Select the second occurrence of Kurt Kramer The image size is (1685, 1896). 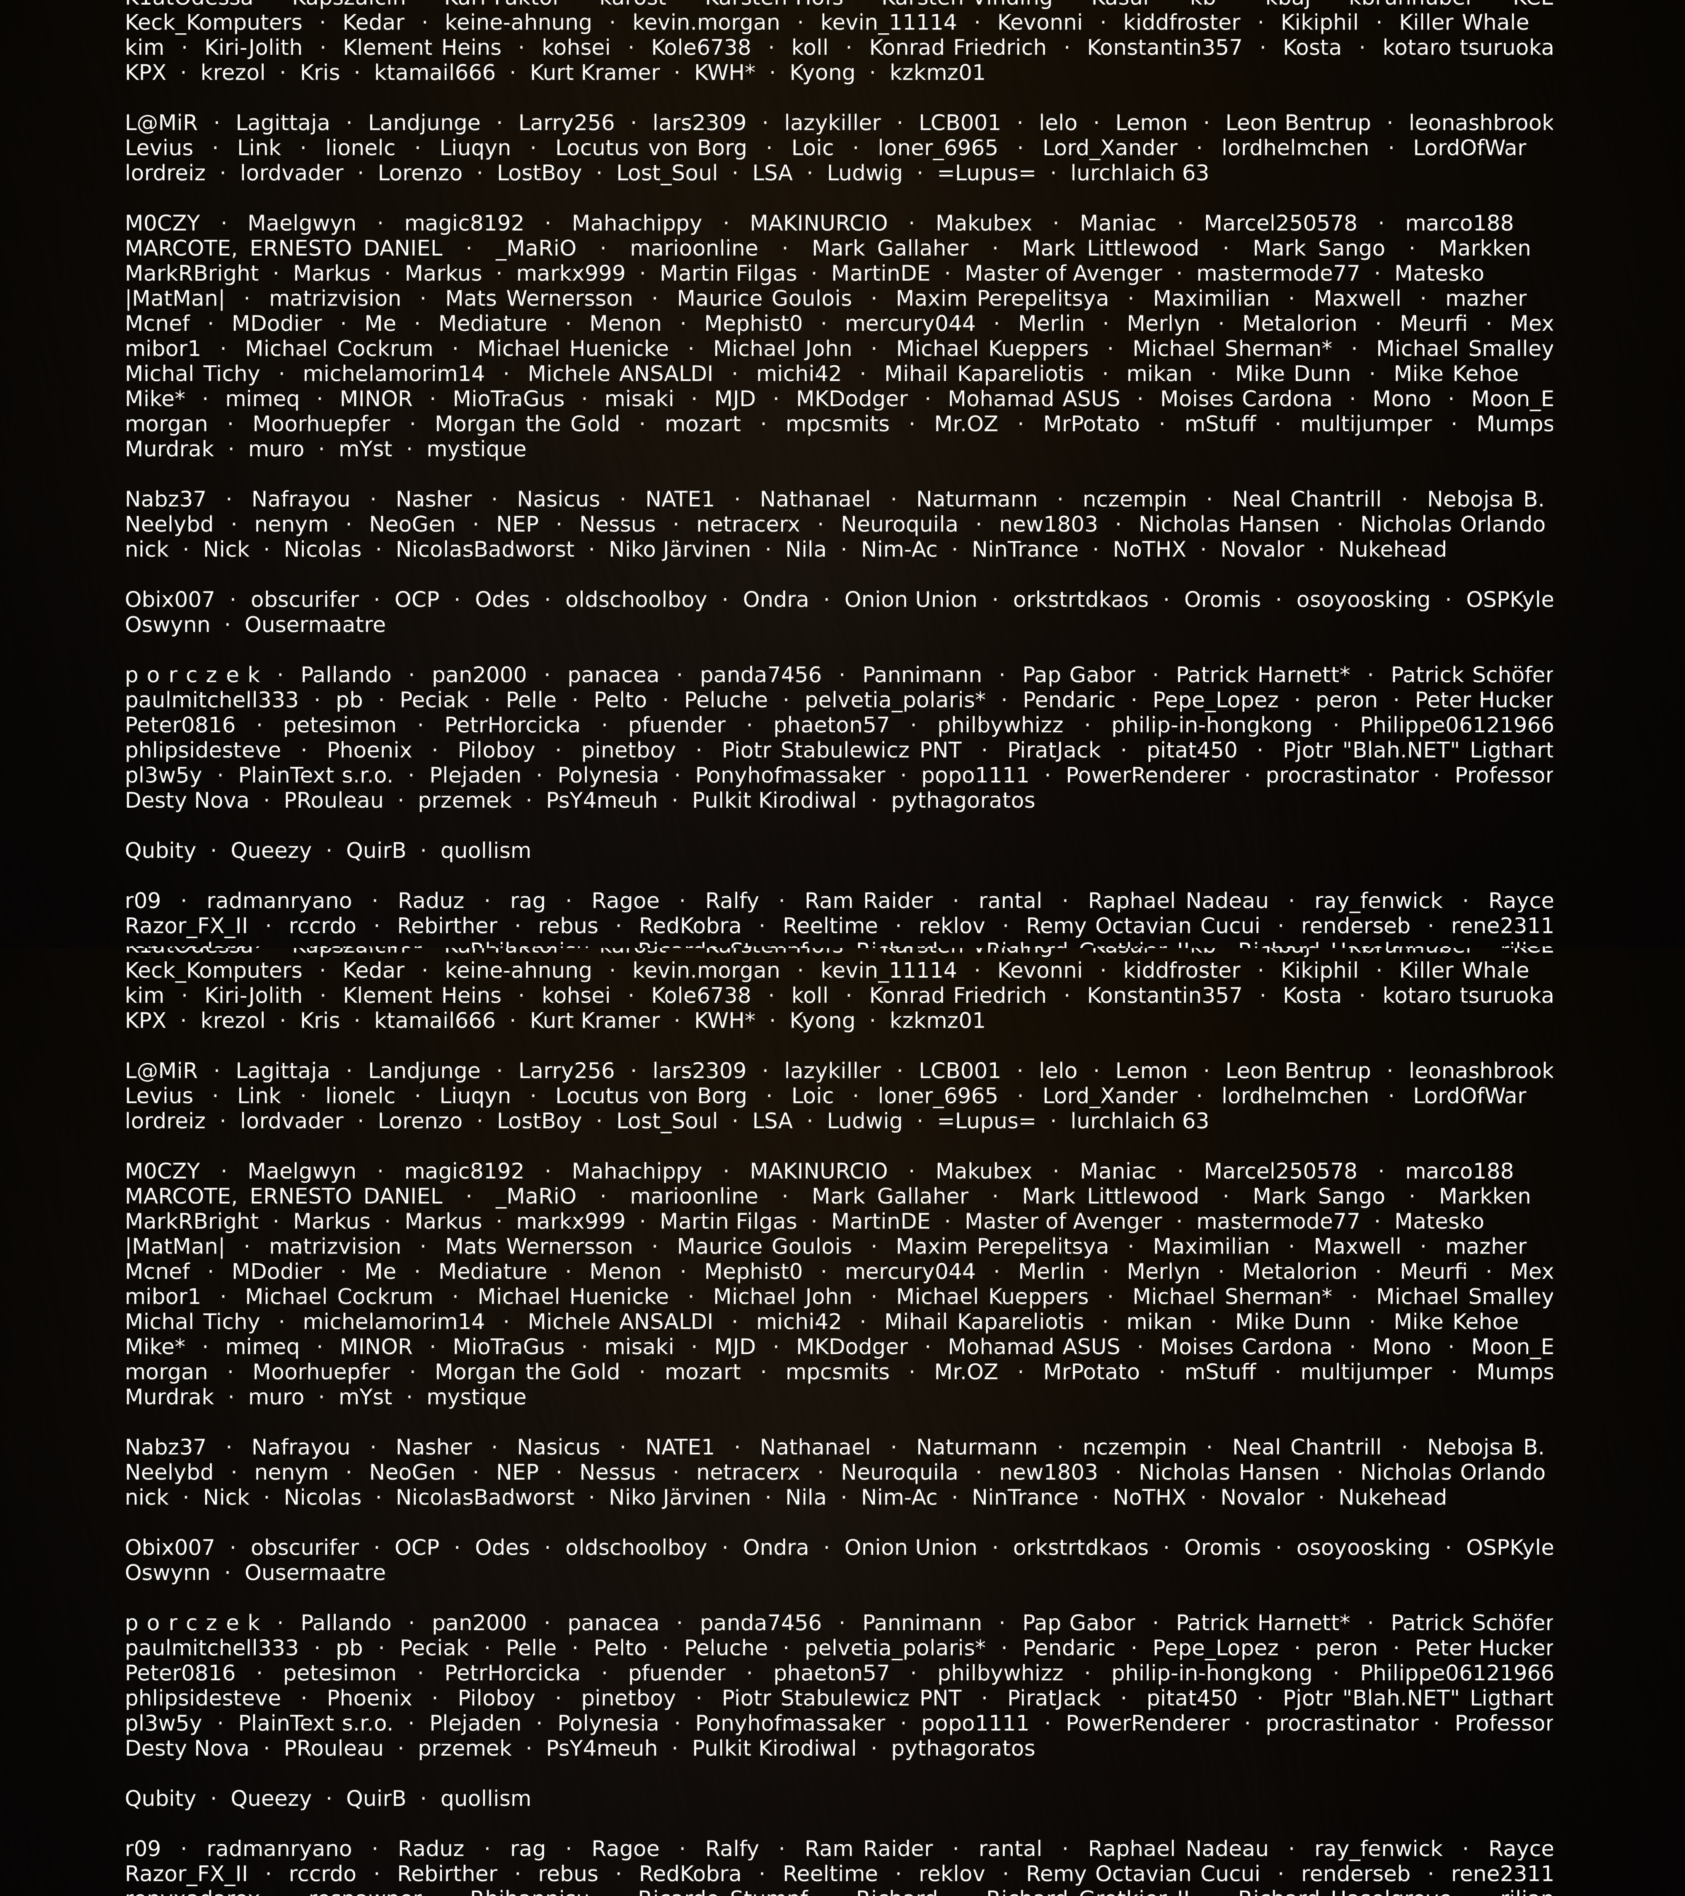pos(594,1020)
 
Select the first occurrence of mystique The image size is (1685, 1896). pos(476,449)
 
